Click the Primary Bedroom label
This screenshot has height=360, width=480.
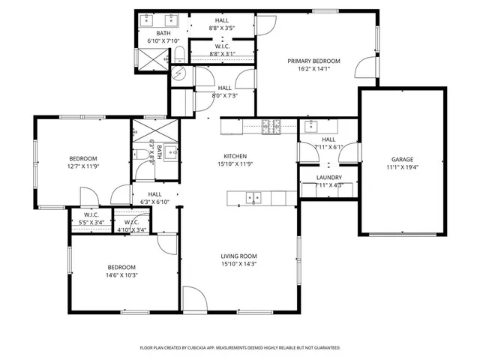(x=313, y=61)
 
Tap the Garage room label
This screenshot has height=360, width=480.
(x=401, y=159)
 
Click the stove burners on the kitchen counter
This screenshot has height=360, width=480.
(x=271, y=126)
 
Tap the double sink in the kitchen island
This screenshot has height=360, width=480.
(x=254, y=198)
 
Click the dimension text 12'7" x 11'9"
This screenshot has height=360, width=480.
(x=83, y=166)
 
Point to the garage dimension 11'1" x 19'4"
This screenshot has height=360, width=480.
(x=401, y=167)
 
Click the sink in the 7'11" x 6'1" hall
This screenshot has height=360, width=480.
(x=314, y=125)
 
